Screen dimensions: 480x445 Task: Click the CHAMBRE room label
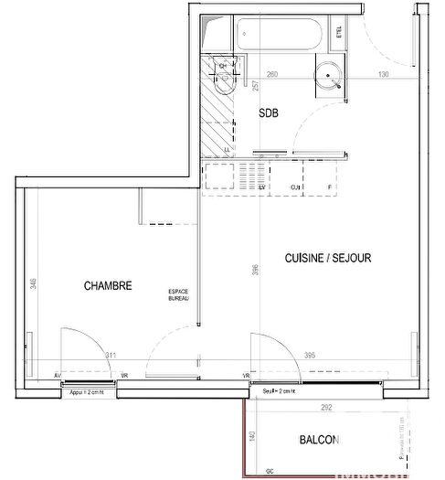tap(108, 285)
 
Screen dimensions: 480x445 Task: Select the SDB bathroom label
tap(269, 113)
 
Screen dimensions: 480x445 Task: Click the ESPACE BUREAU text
tap(178, 295)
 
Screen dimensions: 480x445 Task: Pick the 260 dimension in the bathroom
tap(271, 74)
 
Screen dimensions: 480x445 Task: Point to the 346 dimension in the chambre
tap(33, 284)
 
